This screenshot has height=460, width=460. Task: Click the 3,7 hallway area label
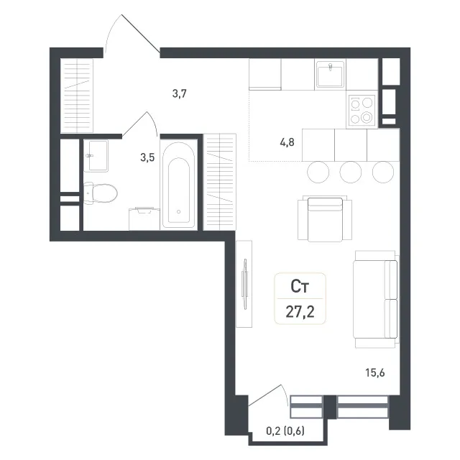click(179, 94)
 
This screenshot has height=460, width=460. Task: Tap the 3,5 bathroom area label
click(147, 157)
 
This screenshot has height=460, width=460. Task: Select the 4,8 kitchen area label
click(287, 142)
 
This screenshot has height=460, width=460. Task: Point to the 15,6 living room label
click(375, 373)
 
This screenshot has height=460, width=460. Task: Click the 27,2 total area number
click(300, 312)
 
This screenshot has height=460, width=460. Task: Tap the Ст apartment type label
click(300, 287)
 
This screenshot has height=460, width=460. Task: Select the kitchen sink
click(330, 75)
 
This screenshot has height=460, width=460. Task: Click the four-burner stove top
click(362, 110)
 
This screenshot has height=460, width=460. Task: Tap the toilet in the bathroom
click(101, 193)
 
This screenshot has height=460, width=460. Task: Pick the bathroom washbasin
click(96, 156)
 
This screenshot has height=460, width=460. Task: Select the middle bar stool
click(350, 172)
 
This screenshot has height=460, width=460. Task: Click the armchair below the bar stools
click(325, 218)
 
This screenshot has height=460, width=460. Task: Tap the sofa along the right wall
click(376, 299)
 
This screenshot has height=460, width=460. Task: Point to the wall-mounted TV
click(244, 284)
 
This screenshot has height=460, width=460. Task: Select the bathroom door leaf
click(134, 124)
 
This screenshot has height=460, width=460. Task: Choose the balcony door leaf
click(265, 395)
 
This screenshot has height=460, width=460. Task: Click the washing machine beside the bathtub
click(144, 218)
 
